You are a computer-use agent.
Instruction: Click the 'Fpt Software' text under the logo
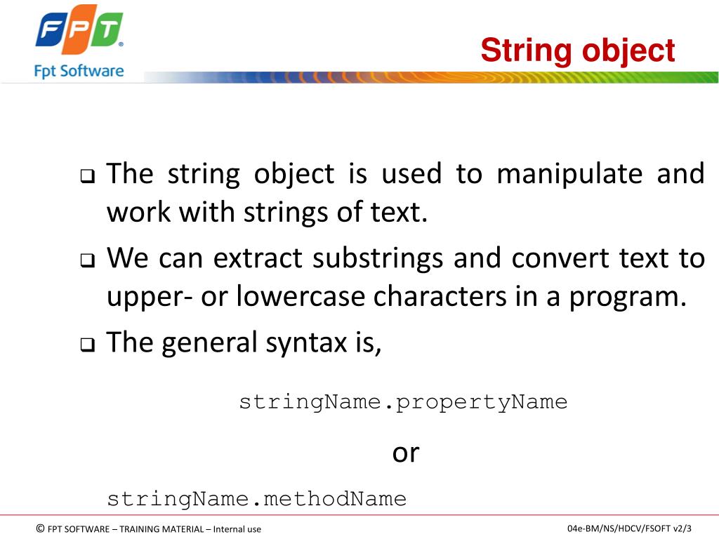pyautogui.click(x=79, y=71)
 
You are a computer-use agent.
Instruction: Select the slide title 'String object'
pyautogui.click(x=577, y=51)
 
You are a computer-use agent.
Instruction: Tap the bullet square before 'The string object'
pyautogui.click(x=87, y=176)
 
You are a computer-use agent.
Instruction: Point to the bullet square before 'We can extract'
pyautogui.click(x=87, y=261)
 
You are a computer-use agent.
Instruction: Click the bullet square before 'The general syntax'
pyautogui.click(x=87, y=345)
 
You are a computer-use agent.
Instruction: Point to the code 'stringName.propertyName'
pyautogui.click(x=403, y=402)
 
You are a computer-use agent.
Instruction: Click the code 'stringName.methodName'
pyautogui.click(x=256, y=499)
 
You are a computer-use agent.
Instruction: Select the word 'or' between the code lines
pyautogui.click(x=405, y=453)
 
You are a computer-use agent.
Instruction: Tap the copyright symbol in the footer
pyautogui.click(x=40, y=528)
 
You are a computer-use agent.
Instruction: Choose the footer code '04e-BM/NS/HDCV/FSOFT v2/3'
pyautogui.click(x=629, y=528)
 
